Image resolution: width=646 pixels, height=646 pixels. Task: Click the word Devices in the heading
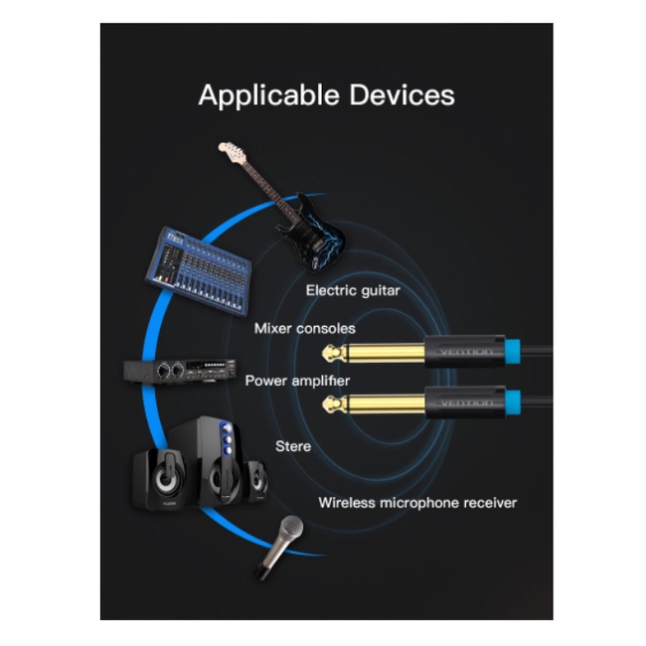pyautogui.click(x=402, y=95)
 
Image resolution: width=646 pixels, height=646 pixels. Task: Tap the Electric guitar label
pyautogui.click(x=353, y=290)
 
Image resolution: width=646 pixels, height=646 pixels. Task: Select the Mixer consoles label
pyautogui.click(x=304, y=328)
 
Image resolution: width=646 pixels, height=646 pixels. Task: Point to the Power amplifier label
pyautogui.click(x=297, y=381)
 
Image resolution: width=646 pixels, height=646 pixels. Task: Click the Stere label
pyautogui.click(x=292, y=446)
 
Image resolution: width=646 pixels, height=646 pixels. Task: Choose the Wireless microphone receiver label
pyautogui.click(x=417, y=503)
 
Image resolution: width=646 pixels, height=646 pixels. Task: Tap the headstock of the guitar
pyautogui.click(x=232, y=152)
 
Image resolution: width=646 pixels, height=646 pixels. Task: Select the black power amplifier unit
pyautogui.click(x=179, y=371)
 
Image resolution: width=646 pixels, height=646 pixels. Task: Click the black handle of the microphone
pyautogui.click(x=267, y=561)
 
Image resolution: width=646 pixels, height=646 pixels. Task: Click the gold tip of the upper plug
pyautogui.click(x=330, y=352)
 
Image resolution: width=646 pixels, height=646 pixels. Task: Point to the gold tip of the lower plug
pyautogui.click(x=330, y=403)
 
